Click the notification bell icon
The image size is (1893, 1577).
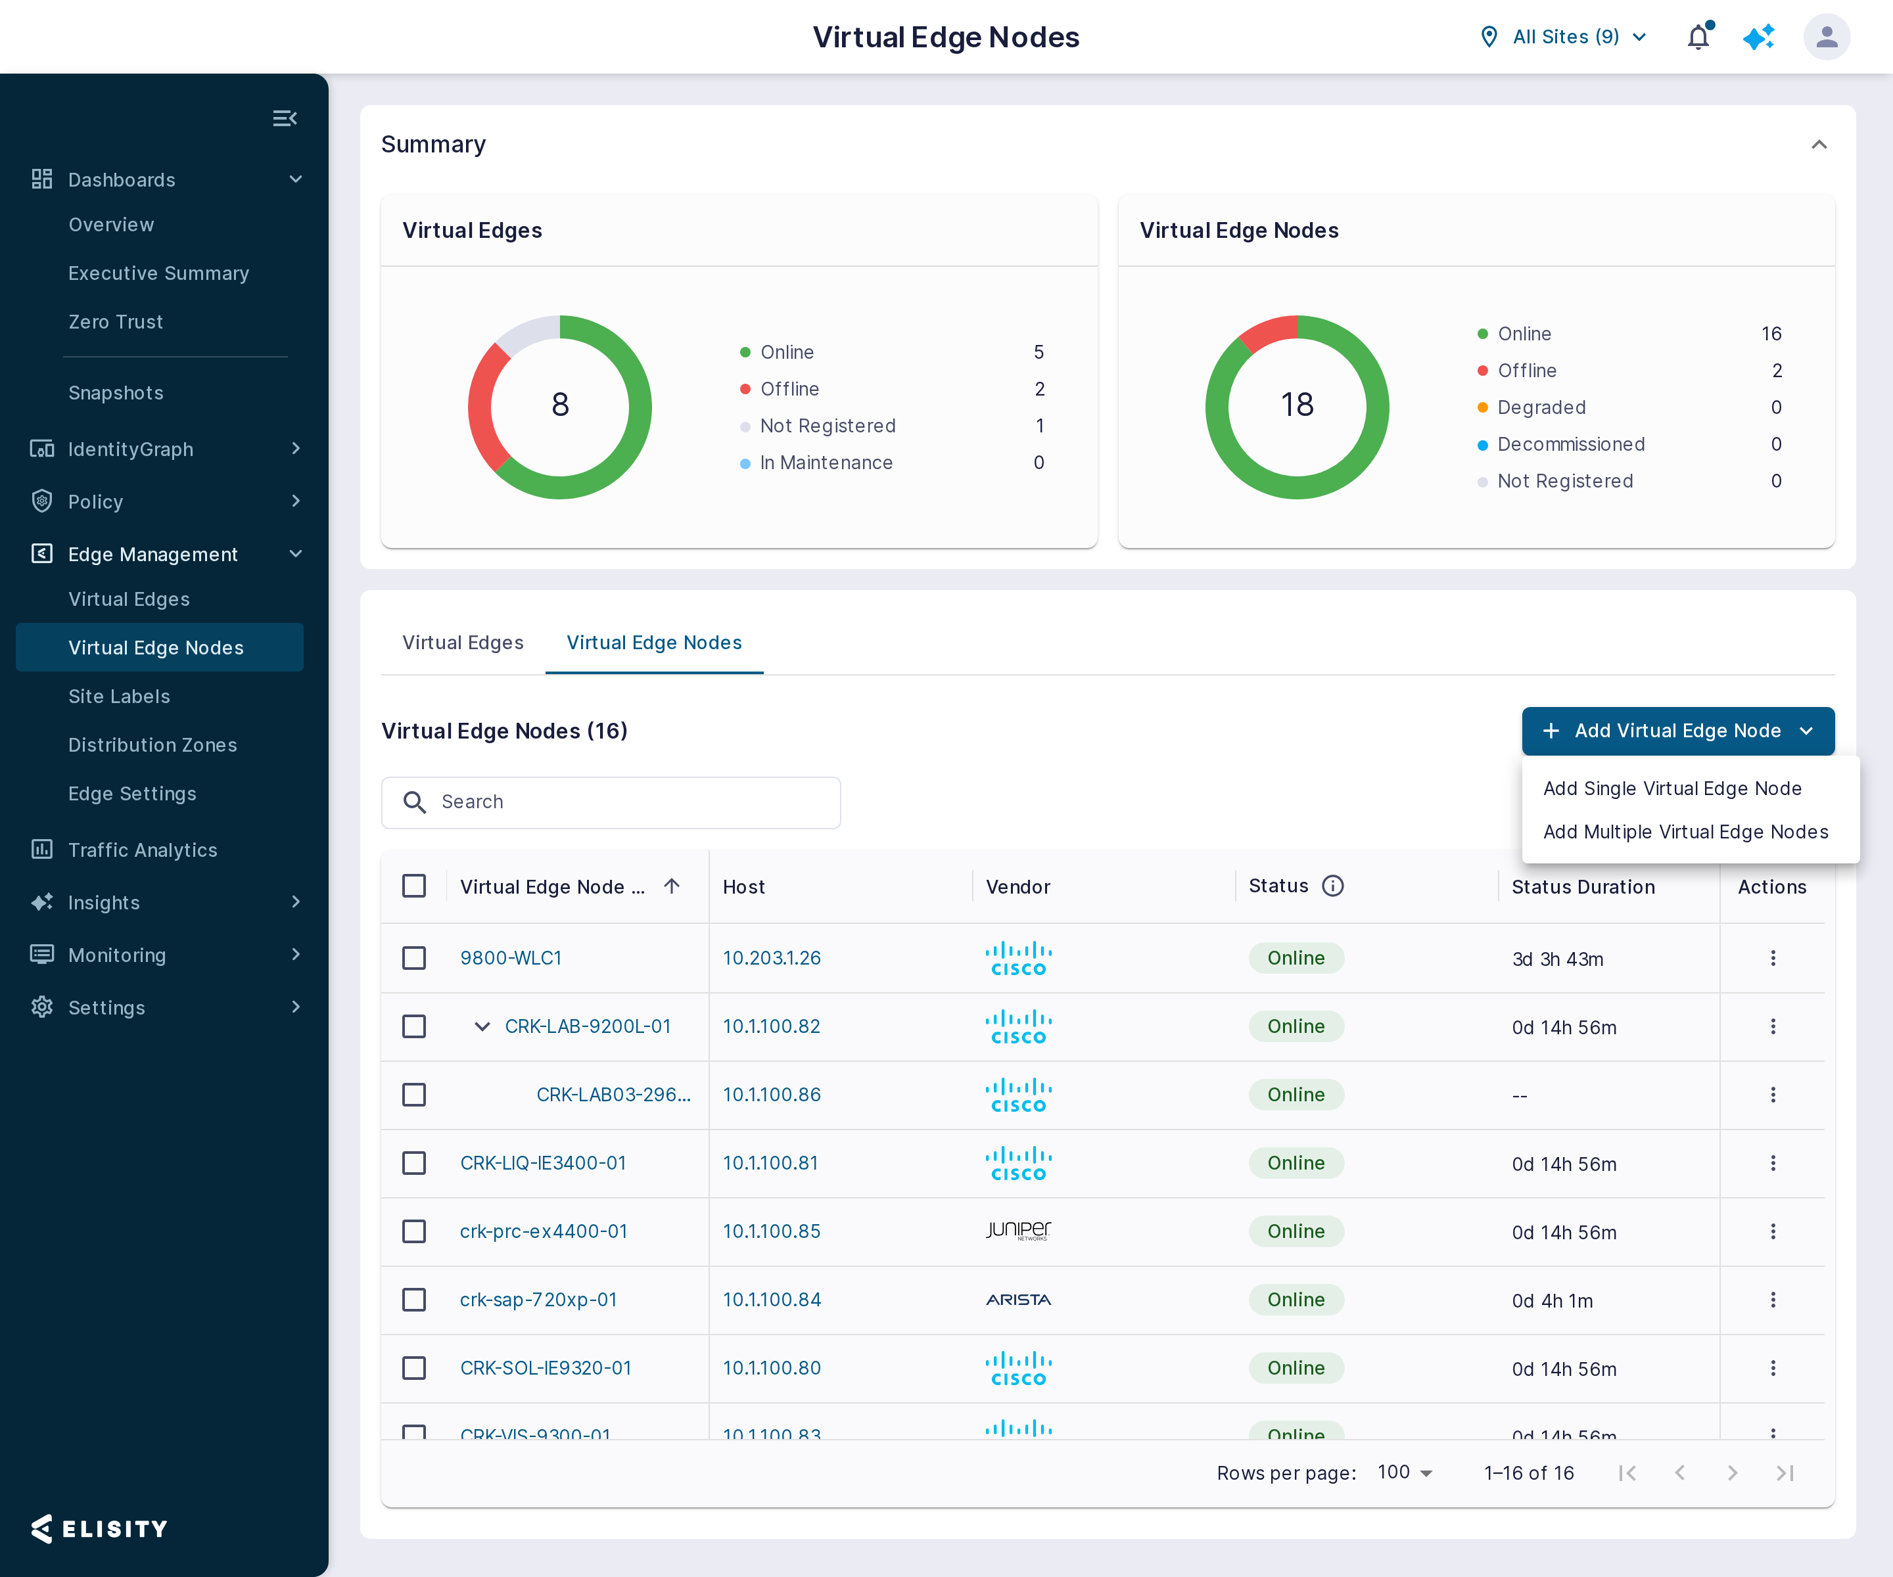tap(1698, 37)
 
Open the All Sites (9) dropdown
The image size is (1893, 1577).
tap(1564, 37)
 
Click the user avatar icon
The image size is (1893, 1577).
tap(1827, 37)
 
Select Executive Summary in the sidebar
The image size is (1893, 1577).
tap(158, 273)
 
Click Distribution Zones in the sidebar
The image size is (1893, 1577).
tap(152, 745)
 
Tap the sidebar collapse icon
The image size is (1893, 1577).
tap(285, 118)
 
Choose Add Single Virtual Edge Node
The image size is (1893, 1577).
tap(1672, 788)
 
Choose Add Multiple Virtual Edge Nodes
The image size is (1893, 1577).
tap(1686, 832)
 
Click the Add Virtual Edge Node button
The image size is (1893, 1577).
tap(1677, 731)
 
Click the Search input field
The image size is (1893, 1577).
tap(611, 802)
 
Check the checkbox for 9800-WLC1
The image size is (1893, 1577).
tap(413, 958)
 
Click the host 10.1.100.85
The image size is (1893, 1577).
tap(772, 1231)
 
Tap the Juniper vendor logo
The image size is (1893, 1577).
tap(1019, 1230)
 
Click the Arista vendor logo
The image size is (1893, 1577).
tap(1019, 1300)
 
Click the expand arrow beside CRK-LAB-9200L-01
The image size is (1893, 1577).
tap(482, 1026)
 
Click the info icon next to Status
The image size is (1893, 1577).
tap(1332, 886)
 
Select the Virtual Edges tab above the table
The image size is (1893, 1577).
tap(463, 643)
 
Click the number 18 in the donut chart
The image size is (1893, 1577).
tap(1297, 405)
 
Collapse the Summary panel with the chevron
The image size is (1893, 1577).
tap(1819, 144)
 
